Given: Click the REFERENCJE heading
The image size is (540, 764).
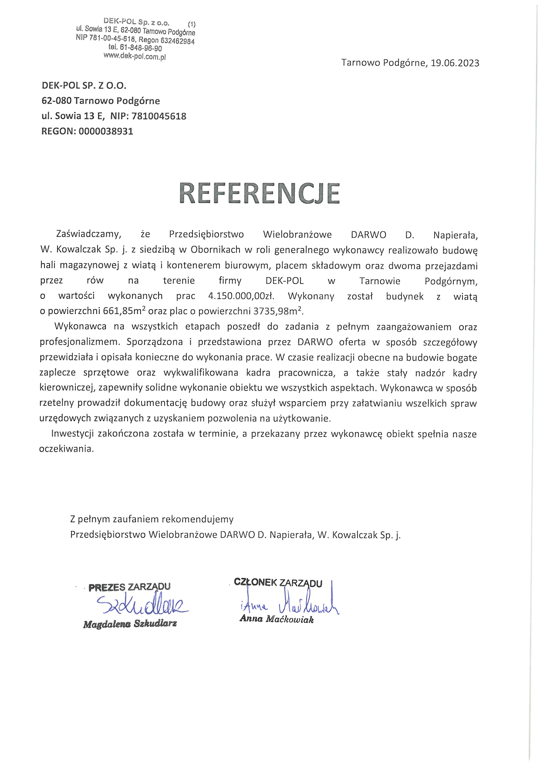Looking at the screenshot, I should (x=259, y=194).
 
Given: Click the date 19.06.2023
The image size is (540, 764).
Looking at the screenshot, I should (x=455, y=63).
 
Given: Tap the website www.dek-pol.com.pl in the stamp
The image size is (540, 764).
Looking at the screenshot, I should (x=135, y=56).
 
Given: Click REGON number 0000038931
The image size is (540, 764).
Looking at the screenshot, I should (x=106, y=131).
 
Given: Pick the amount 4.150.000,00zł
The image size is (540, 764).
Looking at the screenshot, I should (x=241, y=296).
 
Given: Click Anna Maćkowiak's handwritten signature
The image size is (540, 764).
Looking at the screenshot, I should (x=290, y=603).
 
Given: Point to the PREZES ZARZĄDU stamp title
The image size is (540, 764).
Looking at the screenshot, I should (x=129, y=587).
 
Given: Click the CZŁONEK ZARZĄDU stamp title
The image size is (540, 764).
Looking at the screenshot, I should (x=278, y=583).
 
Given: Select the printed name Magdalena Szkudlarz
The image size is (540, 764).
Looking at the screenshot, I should (x=130, y=624).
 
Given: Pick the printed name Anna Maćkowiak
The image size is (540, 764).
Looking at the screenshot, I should (x=277, y=619).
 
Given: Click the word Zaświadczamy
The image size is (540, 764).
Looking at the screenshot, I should (x=88, y=234).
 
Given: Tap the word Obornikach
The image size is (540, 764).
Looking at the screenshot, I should (x=216, y=250).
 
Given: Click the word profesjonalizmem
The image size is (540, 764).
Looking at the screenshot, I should (x=79, y=342).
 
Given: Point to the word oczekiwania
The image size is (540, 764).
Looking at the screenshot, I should (x=66, y=449).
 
